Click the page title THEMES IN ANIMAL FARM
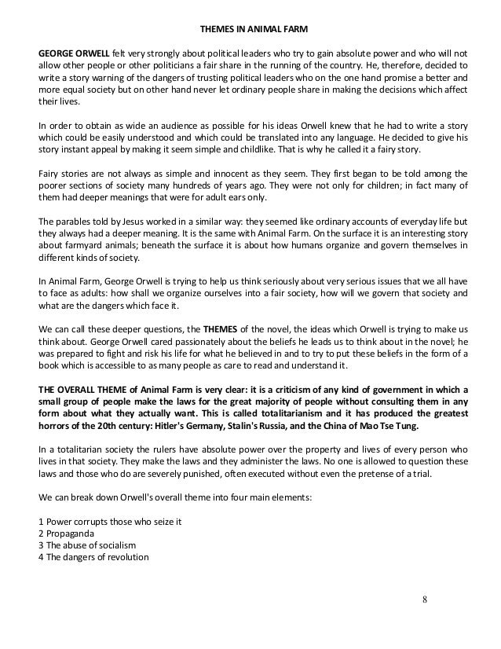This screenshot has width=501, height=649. (x=251, y=31)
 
